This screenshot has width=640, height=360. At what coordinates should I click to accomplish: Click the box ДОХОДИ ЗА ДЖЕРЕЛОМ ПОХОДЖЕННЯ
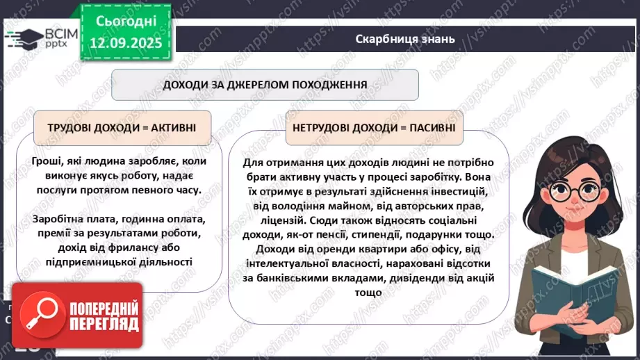(x=265, y=85)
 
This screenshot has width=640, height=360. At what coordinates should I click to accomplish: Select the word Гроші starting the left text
(x=47, y=161)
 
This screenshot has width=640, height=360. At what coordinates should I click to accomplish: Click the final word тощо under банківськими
(x=369, y=293)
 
